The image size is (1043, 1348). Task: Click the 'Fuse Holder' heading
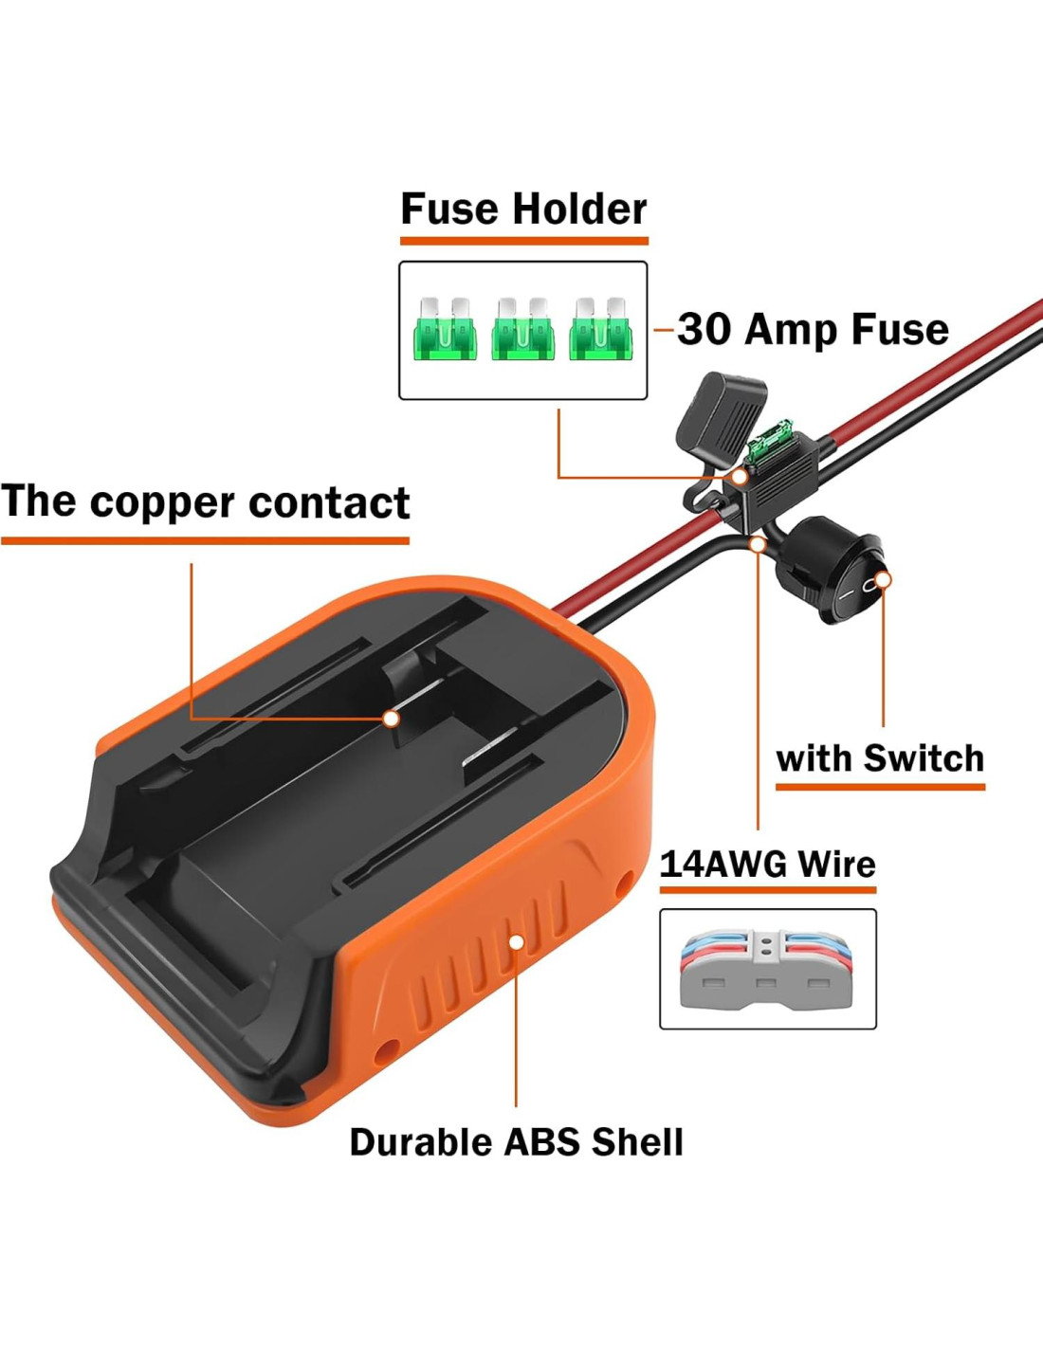[x=523, y=209]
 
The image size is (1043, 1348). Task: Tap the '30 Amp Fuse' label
[x=813, y=329]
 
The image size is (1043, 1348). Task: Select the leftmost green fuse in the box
[x=445, y=329]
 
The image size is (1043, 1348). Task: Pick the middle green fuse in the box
[x=522, y=329]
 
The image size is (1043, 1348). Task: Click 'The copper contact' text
[x=206, y=501]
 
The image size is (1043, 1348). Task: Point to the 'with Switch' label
[x=880, y=758]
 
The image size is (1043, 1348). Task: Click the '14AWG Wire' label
[x=767, y=864]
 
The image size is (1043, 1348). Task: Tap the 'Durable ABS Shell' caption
[x=516, y=1141]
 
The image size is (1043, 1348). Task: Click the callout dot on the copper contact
[x=391, y=719]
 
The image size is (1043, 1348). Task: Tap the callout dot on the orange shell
[x=517, y=941]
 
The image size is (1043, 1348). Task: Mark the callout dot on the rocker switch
[x=883, y=579]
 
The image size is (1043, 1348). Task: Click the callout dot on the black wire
[x=757, y=544]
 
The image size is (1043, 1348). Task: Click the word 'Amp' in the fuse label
[x=794, y=329]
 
